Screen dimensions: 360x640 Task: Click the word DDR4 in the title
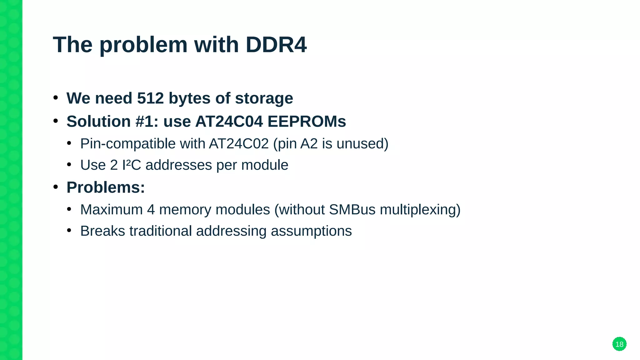click(x=276, y=45)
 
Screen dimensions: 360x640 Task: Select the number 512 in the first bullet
click(x=150, y=98)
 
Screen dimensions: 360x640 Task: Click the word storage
click(x=264, y=98)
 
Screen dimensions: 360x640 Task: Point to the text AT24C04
click(x=229, y=122)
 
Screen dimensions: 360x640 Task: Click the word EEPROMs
click(x=307, y=122)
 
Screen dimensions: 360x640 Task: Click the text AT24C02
click(x=239, y=144)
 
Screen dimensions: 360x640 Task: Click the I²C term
click(x=132, y=165)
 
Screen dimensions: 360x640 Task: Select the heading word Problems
click(x=106, y=187)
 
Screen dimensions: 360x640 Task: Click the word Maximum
click(x=111, y=210)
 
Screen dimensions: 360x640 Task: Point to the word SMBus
click(x=352, y=210)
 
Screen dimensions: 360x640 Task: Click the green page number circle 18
click(x=619, y=344)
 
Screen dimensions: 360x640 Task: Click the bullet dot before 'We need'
click(x=56, y=98)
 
